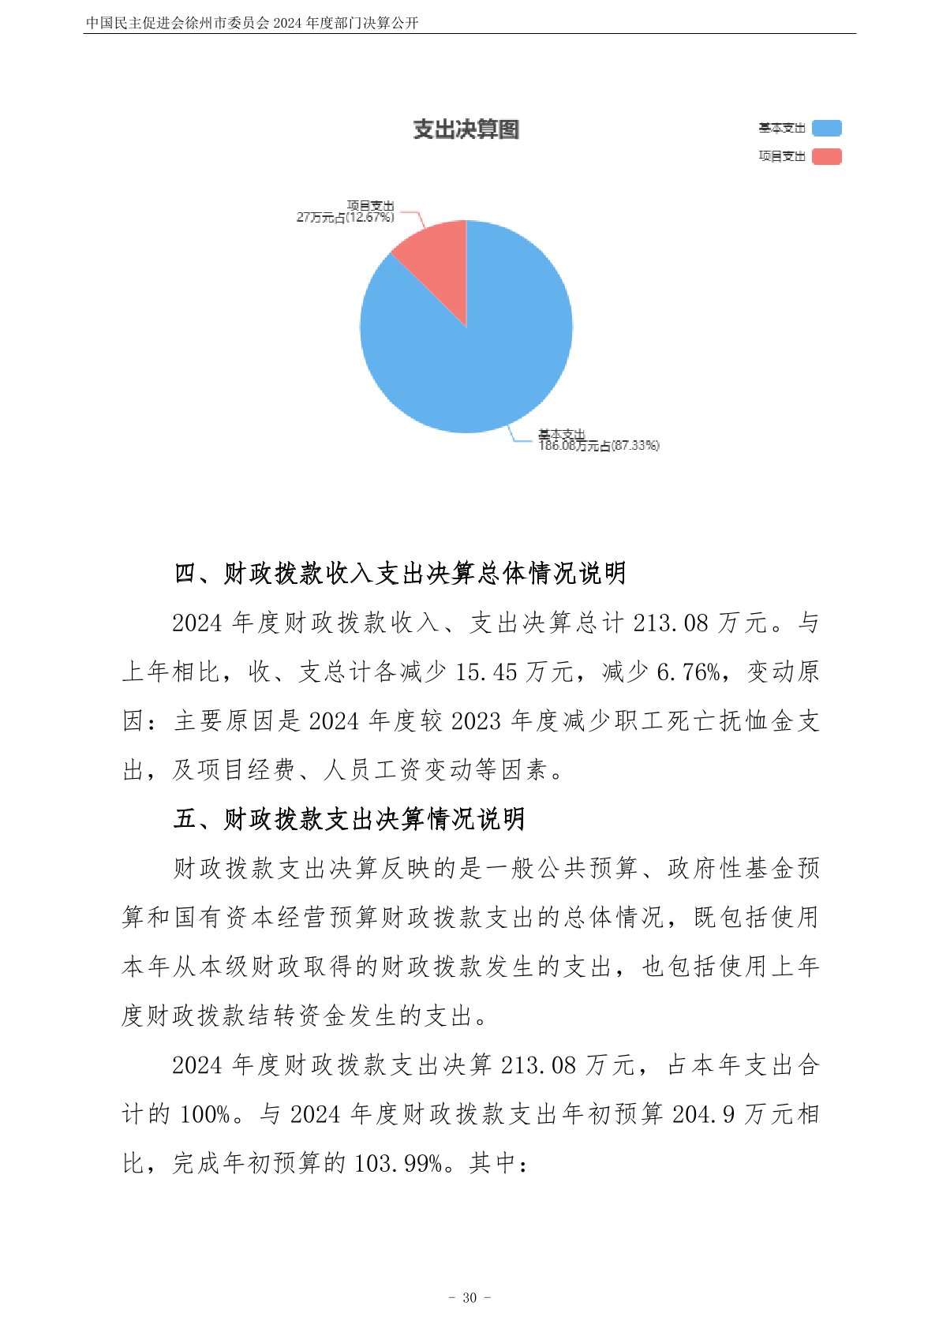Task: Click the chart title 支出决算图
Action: coord(466,129)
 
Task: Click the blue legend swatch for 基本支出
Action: coord(826,128)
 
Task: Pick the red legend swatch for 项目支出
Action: coord(826,156)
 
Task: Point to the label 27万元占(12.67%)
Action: coord(345,217)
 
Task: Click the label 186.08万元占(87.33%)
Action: coord(598,446)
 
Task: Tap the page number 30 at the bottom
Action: coord(469,1297)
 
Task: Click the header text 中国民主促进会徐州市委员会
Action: coord(178,23)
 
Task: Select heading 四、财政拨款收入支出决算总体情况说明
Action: coord(400,573)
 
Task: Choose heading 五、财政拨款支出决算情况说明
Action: coord(349,819)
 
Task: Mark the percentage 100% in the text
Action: coord(204,1114)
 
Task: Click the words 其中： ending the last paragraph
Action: coord(499,1163)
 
